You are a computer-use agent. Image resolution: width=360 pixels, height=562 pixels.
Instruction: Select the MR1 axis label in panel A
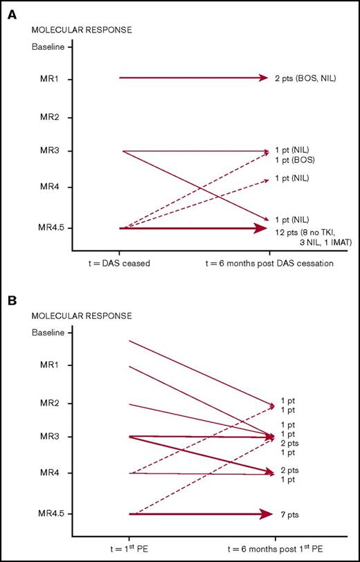[44, 79]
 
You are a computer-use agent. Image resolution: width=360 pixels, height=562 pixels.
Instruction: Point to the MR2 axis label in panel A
[44, 117]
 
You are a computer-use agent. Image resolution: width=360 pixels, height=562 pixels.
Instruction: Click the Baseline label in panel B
[48, 332]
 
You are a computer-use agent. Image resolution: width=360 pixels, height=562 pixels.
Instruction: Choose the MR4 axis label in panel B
[44, 473]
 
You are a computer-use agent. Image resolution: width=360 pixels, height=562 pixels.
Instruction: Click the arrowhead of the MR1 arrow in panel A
[262, 78]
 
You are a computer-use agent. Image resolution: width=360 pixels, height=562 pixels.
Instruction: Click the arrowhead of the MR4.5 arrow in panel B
[266, 514]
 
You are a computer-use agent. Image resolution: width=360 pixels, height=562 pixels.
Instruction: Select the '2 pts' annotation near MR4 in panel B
[291, 470]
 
